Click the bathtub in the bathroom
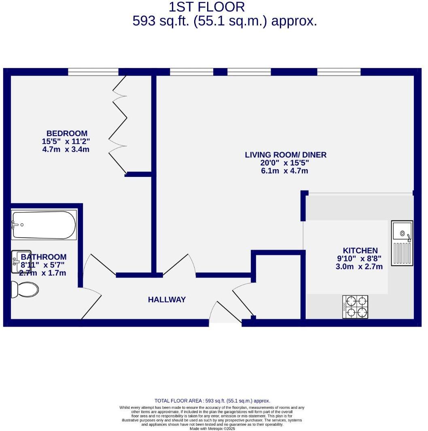click(x=44, y=225)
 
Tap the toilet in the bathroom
click(x=25, y=289)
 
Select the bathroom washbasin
click(x=21, y=261)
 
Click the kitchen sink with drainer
click(x=402, y=243)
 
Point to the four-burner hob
click(x=355, y=307)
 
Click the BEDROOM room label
click(x=67, y=133)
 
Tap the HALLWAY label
click(x=167, y=300)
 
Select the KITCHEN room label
click(x=360, y=251)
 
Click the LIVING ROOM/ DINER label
click(x=286, y=155)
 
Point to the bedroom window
click(x=93, y=72)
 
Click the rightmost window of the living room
click(x=339, y=72)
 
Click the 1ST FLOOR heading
click(x=207, y=7)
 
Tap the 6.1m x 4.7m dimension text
click(x=284, y=171)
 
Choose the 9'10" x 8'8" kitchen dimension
click(x=359, y=259)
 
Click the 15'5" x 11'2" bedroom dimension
click(x=66, y=141)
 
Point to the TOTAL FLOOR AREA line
click(x=212, y=401)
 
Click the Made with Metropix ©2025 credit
click(x=212, y=429)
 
